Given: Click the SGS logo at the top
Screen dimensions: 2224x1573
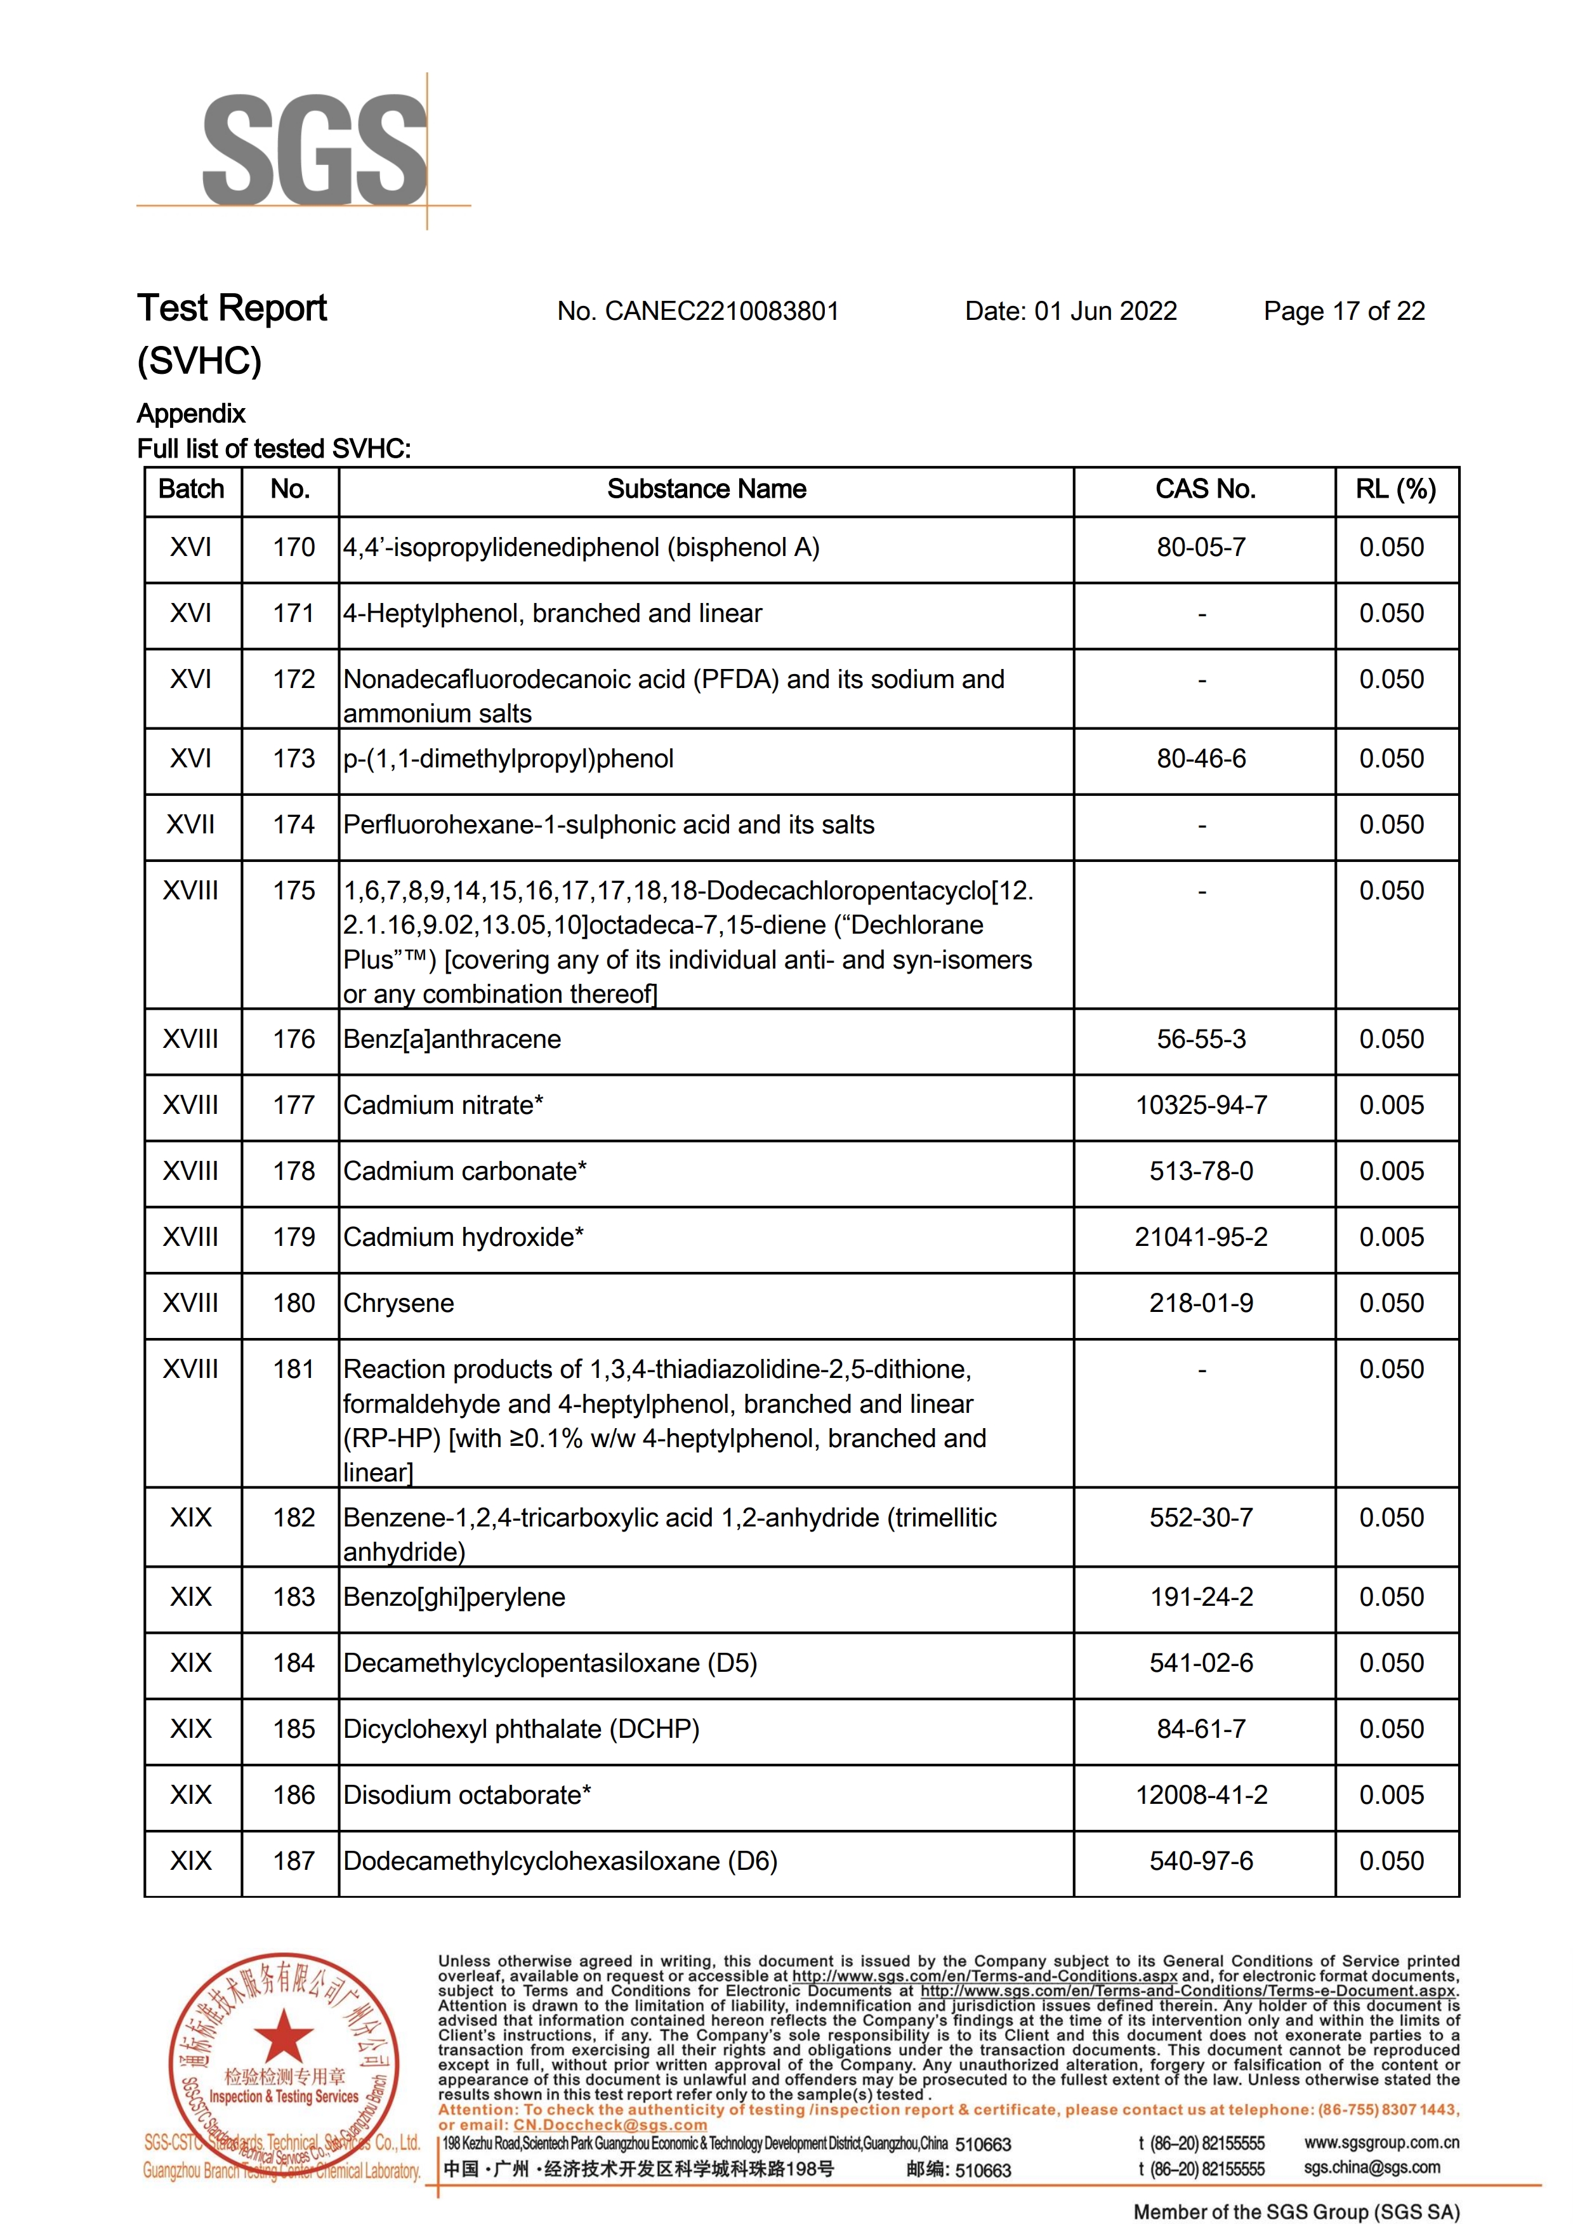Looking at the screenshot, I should (315, 150).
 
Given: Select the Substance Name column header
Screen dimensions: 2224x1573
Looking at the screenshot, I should (706, 490).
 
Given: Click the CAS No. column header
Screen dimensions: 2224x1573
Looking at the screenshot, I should (1204, 490).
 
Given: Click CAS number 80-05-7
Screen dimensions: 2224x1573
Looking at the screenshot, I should (1201, 548).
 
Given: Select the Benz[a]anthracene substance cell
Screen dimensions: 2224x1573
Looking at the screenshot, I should (452, 1040).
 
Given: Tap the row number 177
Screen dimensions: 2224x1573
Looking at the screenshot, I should (294, 1105).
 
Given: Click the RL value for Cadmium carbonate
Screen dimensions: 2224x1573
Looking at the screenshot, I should (1391, 1171).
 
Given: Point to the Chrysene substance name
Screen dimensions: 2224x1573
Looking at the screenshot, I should (398, 1304).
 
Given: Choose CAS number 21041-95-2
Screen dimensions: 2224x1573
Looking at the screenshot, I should (1201, 1238).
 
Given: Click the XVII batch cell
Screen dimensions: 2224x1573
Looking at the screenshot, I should (191, 825).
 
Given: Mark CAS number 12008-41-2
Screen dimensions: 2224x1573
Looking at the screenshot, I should (1201, 1795).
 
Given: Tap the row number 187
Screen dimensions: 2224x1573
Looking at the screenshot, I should (294, 1861).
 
